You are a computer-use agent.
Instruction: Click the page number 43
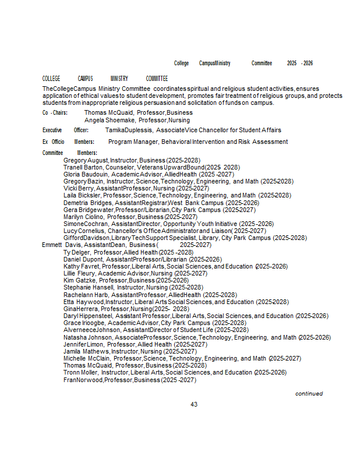(x=194, y=404)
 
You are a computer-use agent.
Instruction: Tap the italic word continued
(x=309, y=394)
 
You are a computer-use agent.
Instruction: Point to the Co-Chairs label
(x=55, y=112)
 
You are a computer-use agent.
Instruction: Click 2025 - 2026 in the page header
(x=300, y=63)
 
